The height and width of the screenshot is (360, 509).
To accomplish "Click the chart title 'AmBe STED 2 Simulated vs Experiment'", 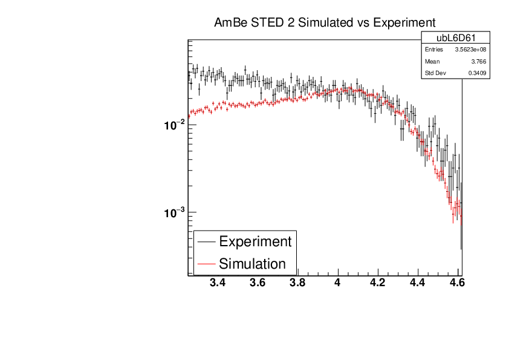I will pos(325,23).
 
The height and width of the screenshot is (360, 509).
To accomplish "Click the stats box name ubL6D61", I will pos(455,38).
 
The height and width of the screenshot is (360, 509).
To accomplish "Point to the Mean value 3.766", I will pos(479,61).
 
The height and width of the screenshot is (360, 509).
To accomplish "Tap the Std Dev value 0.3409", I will pos(477,73).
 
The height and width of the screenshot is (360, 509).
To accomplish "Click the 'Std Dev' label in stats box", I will pos(435,73).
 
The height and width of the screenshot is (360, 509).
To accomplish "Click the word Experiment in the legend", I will pos(255,241).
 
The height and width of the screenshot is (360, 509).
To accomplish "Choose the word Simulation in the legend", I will pos(252,264).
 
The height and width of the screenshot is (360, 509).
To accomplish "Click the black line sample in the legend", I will pos(206,241).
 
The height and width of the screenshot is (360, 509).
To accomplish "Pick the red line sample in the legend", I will pos(206,264).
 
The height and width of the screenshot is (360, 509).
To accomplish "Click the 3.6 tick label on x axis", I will pos(258,283).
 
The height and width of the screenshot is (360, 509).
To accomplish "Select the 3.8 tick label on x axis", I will pos(297,283).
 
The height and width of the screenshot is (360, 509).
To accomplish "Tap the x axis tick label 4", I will pos(337,283).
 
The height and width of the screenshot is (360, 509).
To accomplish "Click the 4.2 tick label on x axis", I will pos(377,283).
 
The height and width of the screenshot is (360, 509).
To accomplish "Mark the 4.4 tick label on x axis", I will pos(417,283).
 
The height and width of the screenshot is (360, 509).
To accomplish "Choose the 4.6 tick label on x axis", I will pos(457,283).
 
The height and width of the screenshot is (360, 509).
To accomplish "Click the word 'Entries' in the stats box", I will pos(433,50).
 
